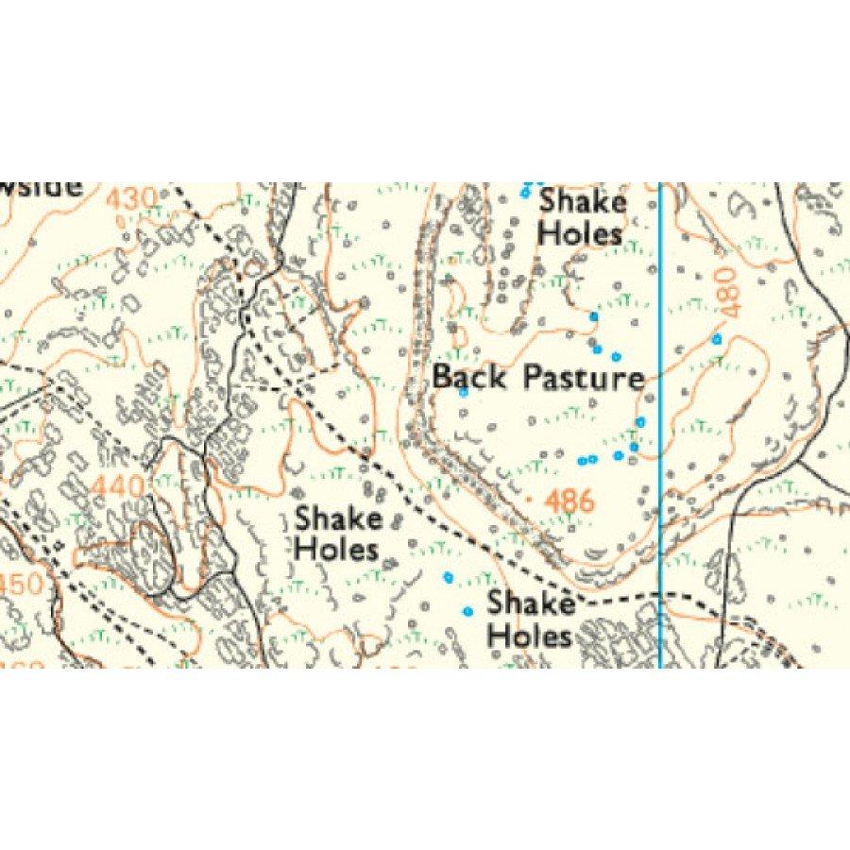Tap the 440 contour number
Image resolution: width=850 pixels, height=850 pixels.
[119, 487]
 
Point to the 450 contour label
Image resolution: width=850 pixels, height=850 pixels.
[21, 584]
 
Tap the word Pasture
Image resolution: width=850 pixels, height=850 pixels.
[584, 379]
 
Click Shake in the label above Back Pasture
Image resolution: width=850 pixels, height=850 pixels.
[583, 203]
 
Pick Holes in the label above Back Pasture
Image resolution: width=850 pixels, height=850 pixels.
[580, 233]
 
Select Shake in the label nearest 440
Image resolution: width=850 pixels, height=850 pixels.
[338, 518]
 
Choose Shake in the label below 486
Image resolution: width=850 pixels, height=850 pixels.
[531, 603]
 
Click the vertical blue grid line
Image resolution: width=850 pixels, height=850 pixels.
[659, 425]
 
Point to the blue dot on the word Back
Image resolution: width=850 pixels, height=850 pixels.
[464, 392]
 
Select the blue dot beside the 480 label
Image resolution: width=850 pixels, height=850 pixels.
[717, 338]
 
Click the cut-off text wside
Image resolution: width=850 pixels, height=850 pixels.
[42, 187]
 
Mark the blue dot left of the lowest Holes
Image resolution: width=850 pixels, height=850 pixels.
[467, 611]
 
